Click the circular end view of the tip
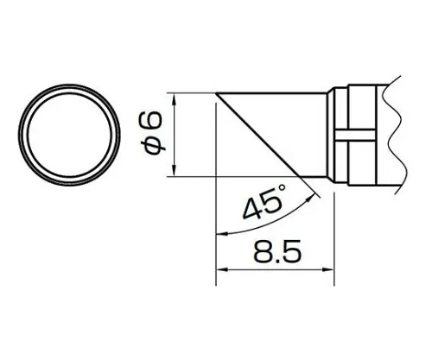click(x=71, y=130)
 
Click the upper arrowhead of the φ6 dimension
click(x=175, y=98)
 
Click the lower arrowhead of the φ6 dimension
click(x=175, y=169)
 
